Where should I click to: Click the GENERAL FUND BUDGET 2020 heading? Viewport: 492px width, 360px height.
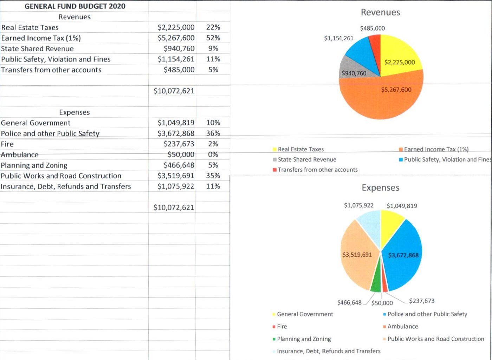pos(75,6)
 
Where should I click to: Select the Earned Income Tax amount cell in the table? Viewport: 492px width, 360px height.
pos(176,38)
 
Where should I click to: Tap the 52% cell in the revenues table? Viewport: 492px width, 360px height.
pos(213,38)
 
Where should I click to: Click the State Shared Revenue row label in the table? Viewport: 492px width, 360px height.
pos(37,49)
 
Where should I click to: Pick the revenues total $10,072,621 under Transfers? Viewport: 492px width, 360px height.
pos(174,91)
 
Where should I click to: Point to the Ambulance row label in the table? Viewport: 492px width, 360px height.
pos(20,155)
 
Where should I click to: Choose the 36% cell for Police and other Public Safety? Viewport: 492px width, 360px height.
pos(213,133)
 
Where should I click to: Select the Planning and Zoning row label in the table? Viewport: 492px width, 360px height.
pos(34,165)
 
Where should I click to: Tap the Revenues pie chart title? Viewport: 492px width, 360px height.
pos(380,12)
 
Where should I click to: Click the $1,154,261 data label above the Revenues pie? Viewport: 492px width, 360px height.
pos(338,38)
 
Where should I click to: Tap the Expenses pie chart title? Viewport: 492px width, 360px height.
pos(380,188)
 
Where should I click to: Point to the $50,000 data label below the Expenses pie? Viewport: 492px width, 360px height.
pos(382,303)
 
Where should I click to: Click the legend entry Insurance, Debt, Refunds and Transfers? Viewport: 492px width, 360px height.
pos(329,351)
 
